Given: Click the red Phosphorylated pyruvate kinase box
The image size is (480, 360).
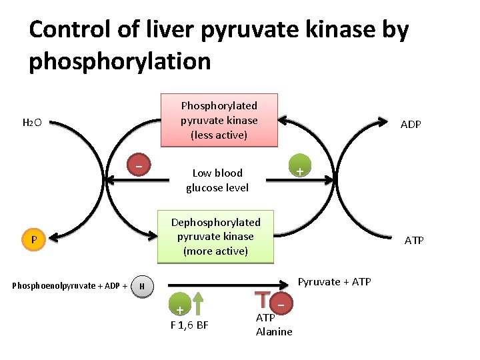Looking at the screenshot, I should (x=219, y=120).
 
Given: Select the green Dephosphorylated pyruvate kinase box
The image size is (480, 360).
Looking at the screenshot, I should (x=215, y=237).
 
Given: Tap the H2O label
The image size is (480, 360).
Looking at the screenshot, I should (x=32, y=123).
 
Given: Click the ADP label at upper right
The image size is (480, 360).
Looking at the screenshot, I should (x=410, y=125).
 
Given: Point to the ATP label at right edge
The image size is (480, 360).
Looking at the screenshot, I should (x=413, y=241).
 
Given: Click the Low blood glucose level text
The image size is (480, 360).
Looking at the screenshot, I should (x=217, y=180).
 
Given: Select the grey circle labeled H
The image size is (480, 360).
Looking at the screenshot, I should (x=141, y=286).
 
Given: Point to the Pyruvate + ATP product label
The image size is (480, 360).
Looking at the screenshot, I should (x=334, y=282).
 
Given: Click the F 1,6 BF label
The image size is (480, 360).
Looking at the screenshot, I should (x=189, y=326).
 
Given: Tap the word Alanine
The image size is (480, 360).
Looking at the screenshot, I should (x=274, y=331).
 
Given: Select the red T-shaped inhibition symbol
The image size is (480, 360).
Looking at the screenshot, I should (x=262, y=301).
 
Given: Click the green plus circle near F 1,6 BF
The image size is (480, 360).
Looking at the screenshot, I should (x=179, y=305).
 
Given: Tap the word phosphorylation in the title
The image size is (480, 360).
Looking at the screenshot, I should (x=120, y=61).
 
